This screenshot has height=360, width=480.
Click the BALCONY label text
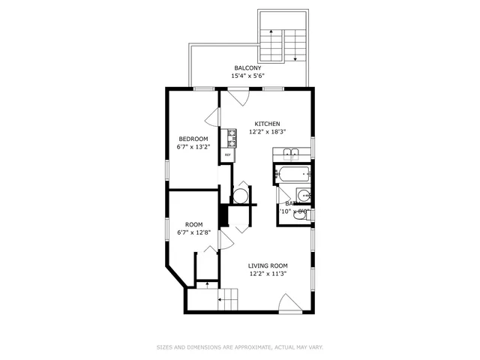coord(247,68)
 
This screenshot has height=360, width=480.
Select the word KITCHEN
coord(267,124)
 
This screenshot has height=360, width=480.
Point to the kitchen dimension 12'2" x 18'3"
coord(267,132)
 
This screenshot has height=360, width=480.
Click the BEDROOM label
coord(193,139)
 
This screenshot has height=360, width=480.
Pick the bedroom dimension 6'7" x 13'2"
coord(193,147)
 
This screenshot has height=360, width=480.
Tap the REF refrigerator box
coord(227,155)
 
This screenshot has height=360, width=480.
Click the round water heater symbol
coord(240,196)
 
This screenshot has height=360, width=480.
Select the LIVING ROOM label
coord(268,265)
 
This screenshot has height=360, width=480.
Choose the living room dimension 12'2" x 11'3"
coord(268,274)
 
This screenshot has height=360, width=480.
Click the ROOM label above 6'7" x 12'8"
coord(193,224)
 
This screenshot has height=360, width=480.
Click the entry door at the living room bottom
coord(289,304)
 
